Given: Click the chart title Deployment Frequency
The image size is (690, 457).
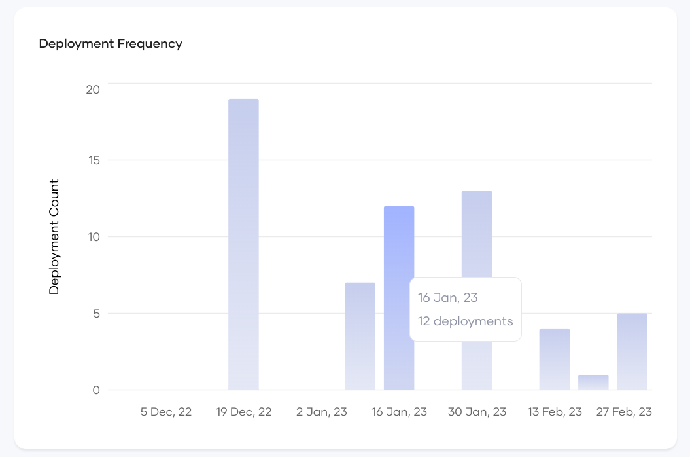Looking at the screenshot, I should pyautogui.click(x=111, y=44).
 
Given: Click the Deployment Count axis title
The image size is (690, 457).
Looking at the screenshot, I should pyautogui.click(x=54, y=236).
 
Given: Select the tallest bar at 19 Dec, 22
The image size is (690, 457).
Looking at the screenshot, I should pyautogui.click(x=243, y=244).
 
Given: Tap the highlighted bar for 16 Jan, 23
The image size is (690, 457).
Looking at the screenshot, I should pyautogui.click(x=399, y=298).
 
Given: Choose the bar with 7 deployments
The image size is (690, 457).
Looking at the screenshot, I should pyautogui.click(x=360, y=336).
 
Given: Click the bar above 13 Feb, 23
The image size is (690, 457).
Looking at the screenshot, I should pyautogui.click(x=555, y=359).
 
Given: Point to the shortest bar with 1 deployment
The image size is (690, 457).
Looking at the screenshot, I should pyautogui.click(x=593, y=382).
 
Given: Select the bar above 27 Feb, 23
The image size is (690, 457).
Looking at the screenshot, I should pyautogui.click(x=632, y=352).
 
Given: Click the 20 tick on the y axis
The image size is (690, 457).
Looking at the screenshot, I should pyautogui.click(x=93, y=89).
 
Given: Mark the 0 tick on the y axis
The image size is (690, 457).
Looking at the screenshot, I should pyautogui.click(x=96, y=390).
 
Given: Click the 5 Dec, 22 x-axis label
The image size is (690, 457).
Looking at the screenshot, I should pyautogui.click(x=166, y=412).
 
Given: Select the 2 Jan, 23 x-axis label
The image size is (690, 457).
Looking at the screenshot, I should pyautogui.click(x=322, y=412).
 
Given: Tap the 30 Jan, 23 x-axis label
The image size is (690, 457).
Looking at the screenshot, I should pyautogui.click(x=477, y=412).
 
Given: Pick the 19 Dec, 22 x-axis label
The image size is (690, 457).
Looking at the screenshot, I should pyautogui.click(x=243, y=412).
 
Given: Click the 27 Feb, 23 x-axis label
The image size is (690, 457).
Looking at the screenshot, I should pyautogui.click(x=624, y=412).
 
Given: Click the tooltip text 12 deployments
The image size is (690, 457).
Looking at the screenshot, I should pyautogui.click(x=466, y=321).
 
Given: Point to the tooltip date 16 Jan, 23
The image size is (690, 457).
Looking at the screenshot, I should pyautogui.click(x=448, y=298).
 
